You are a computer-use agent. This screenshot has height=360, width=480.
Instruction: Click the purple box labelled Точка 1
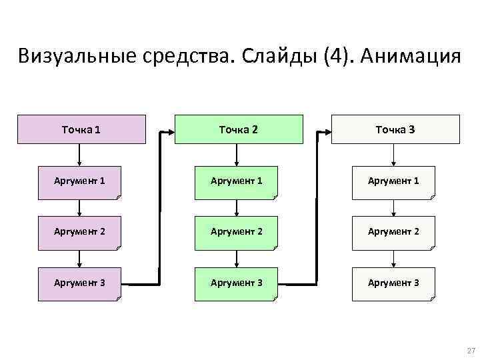[81, 129]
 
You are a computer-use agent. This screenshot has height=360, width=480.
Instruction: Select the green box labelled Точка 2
[238, 129]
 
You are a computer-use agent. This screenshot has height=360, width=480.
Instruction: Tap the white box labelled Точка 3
[395, 129]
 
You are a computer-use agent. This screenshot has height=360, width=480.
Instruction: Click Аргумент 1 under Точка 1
[80, 182]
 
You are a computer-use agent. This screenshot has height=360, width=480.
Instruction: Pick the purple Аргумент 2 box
[80, 233]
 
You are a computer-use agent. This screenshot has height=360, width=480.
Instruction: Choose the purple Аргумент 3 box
[80, 283]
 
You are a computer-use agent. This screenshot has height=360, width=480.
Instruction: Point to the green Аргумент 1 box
[237, 182]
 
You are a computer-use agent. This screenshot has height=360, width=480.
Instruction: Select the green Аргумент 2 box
[237, 233]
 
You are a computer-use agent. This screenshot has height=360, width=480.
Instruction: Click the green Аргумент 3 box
[237, 283]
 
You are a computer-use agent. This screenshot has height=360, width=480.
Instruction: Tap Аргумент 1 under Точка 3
[393, 182]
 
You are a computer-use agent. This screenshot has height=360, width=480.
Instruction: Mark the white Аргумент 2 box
[393, 233]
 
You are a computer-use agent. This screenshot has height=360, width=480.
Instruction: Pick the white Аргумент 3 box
[393, 283]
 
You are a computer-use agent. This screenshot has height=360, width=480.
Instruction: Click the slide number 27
[471, 351]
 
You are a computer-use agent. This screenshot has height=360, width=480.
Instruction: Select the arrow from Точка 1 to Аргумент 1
[80, 155]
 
